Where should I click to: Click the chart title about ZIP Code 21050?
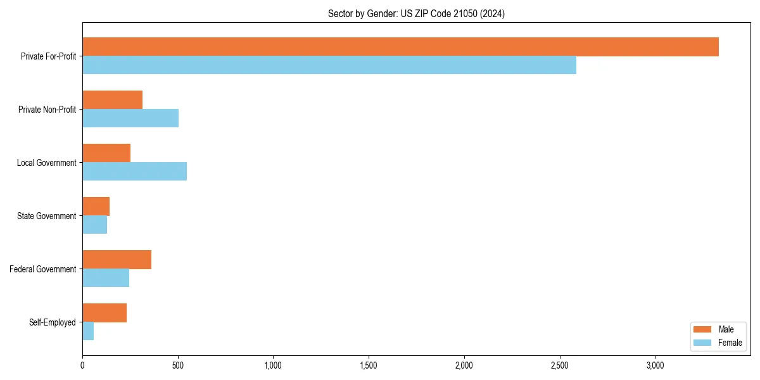click(x=416, y=13)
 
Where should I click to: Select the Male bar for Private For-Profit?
click(x=400, y=47)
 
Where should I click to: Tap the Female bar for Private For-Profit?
click(x=329, y=65)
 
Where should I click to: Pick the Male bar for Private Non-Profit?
click(x=112, y=100)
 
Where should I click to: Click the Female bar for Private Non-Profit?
click(x=130, y=118)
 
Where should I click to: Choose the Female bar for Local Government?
click(x=134, y=172)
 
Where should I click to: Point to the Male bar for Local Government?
click(x=106, y=153)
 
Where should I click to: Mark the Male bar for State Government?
click(x=96, y=206)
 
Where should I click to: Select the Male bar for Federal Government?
click(x=117, y=260)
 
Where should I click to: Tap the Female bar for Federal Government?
click(x=106, y=278)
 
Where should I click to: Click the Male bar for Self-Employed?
click(x=104, y=313)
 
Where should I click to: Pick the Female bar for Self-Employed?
click(x=88, y=331)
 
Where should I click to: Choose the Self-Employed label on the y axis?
click(x=53, y=322)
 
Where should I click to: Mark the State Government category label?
click(x=47, y=216)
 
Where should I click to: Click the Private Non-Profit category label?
click(x=47, y=110)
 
